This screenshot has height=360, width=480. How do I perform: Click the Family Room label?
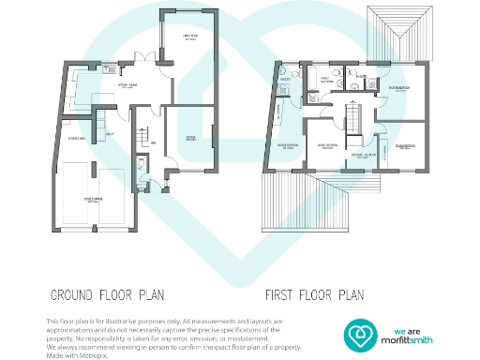188,37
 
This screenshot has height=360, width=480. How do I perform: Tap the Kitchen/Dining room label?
128,83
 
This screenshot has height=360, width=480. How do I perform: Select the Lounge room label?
190,136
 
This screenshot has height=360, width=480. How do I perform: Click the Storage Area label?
79,139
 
